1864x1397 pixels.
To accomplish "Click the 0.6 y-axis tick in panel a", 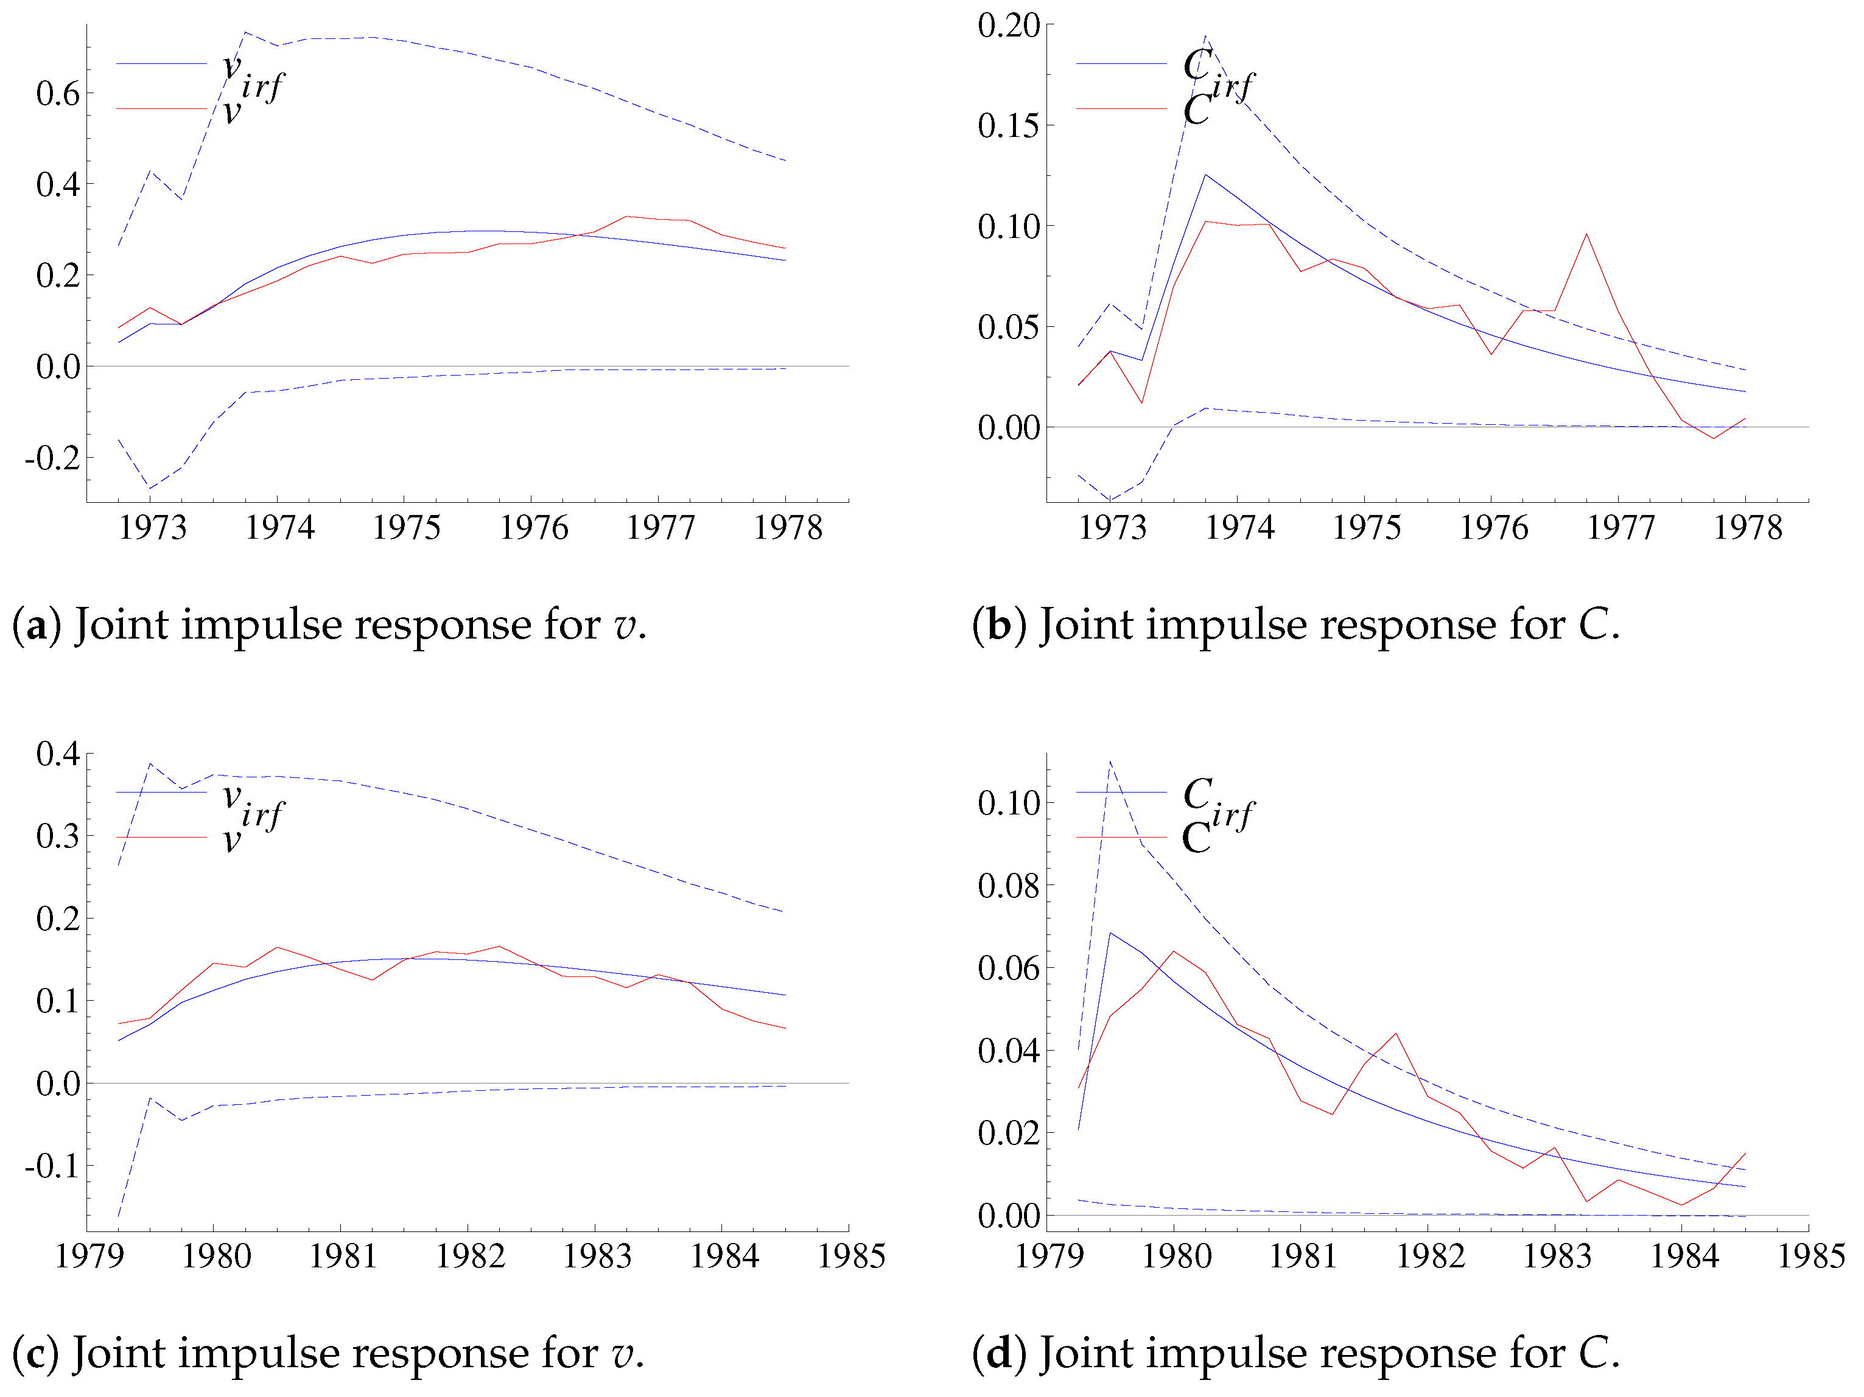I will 57,94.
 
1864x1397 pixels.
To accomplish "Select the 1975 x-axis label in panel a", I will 405,528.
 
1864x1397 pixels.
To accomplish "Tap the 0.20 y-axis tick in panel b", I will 1009,26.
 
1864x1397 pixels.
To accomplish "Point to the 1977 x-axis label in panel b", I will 1620,528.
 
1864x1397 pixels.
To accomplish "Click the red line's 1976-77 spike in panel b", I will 1587,234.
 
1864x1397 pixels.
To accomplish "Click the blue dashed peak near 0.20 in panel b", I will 1206,37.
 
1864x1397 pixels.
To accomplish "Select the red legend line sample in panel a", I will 161,109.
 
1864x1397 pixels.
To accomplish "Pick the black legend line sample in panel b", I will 1121,63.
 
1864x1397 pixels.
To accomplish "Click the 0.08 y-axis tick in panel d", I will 1009,886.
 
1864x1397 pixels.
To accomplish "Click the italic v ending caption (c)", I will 623,1353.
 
